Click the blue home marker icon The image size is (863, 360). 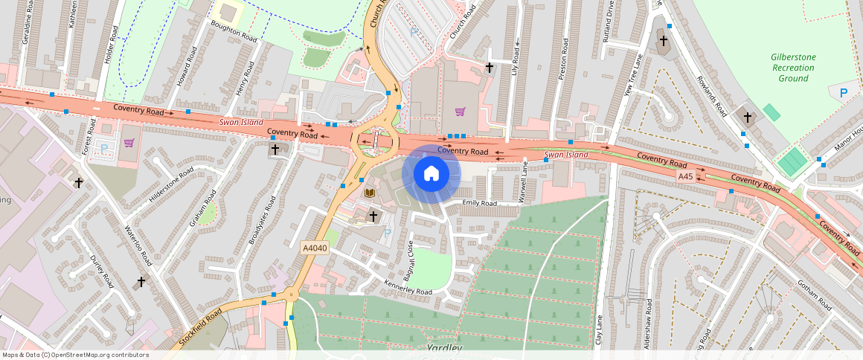(x=431, y=173)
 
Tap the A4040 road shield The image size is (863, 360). (x=315, y=248)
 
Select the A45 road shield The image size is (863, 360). (x=686, y=176)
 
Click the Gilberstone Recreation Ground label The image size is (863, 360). (x=793, y=67)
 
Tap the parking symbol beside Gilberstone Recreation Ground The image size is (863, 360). (x=843, y=93)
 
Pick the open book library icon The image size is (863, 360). (x=370, y=193)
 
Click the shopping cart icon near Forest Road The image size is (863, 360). (x=129, y=143)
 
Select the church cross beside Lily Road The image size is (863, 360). (x=490, y=68)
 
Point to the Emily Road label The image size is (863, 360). (x=479, y=203)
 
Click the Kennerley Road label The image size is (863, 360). (x=408, y=286)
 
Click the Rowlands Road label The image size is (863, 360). (x=711, y=95)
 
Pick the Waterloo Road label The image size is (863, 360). (x=138, y=245)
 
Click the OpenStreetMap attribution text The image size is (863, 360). (x=75, y=355)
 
